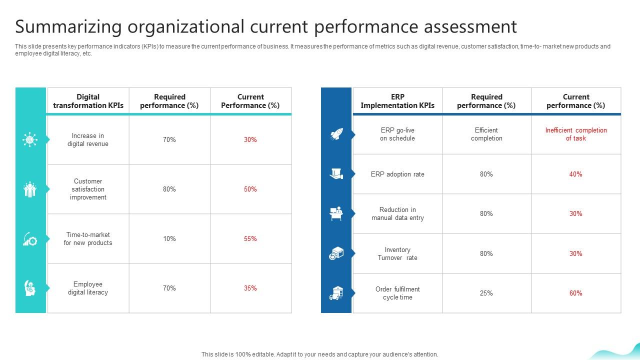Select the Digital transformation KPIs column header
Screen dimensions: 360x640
coord(88,101)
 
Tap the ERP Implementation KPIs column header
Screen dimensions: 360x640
coord(397,101)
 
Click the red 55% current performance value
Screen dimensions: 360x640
coord(250,239)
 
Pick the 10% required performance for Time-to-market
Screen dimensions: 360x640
coord(169,239)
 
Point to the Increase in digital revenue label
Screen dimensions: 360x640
coord(88,140)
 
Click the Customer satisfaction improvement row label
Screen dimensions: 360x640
coord(88,189)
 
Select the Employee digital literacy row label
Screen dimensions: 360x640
coord(88,288)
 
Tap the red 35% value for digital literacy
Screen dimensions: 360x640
coord(250,288)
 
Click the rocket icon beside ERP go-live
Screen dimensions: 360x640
coord(336,134)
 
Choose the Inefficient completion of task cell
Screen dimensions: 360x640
coord(576,134)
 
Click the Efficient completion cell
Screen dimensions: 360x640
coord(486,134)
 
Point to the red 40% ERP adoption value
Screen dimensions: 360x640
coord(575,174)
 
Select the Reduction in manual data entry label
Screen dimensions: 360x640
coord(397,214)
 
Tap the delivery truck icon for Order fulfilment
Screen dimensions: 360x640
coord(336,293)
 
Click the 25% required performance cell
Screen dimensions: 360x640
coord(486,293)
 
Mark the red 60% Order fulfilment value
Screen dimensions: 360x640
coord(575,293)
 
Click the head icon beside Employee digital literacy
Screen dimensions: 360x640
coord(30,288)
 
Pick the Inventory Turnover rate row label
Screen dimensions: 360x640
coord(397,254)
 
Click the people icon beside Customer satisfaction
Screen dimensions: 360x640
coord(30,189)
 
